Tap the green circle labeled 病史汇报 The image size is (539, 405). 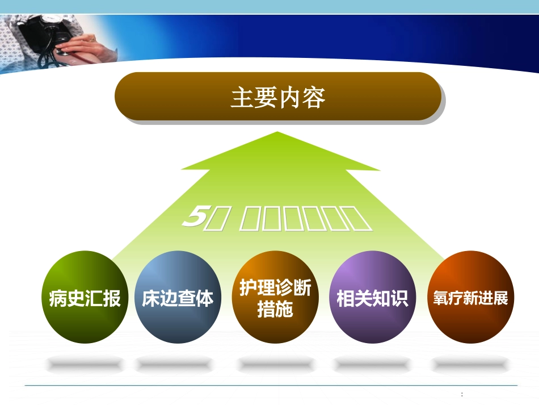click(x=85, y=297)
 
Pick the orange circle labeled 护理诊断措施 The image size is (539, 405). click(x=275, y=297)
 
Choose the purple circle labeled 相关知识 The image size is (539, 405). click(x=373, y=297)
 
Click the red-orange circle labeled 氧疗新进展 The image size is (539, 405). click(x=470, y=297)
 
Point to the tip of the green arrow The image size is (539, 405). click(x=277, y=134)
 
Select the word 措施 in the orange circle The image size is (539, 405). click(x=275, y=310)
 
